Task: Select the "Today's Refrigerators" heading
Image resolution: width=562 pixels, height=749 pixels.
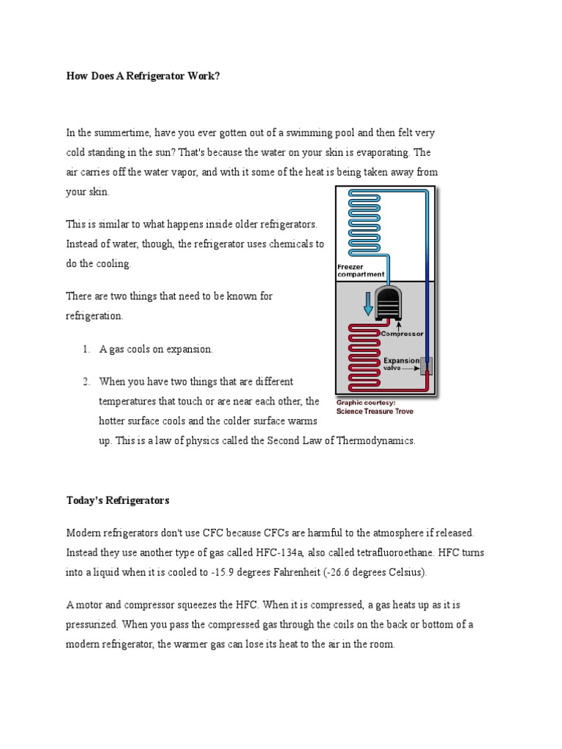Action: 118,501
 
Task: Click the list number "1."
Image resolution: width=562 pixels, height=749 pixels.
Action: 86,350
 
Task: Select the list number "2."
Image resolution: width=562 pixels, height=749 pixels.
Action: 86,382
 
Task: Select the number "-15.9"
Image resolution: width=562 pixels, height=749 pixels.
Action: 220,573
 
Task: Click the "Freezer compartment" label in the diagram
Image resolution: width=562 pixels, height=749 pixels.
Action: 360,271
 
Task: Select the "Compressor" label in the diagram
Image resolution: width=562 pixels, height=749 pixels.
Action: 402,334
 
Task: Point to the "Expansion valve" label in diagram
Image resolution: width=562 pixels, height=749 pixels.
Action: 401,364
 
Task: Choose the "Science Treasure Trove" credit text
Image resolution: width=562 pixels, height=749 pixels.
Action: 374,411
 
